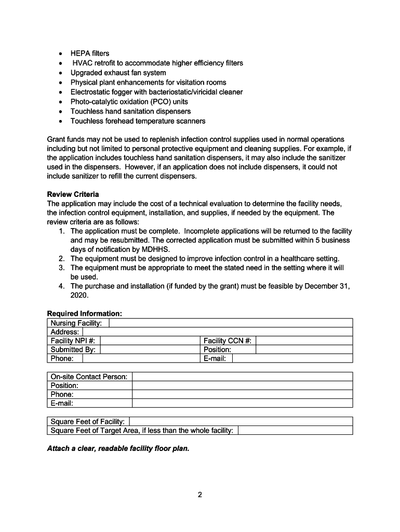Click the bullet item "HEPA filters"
pos(90,54)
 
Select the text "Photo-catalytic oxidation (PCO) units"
pos(129,102)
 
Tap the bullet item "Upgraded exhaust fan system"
pos(118,73)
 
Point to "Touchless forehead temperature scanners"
pos(138,121)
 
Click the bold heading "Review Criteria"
pos(73,194)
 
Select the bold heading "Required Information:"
pos(85,314)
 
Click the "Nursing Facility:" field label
pos(76,323)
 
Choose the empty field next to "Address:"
pos(217,332)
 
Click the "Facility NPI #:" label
pos(72,341)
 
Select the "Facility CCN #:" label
pos(228,341)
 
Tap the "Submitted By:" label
pos(73,350)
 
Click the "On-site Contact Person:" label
pos(89,377)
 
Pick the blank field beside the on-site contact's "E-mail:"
pos(242,403)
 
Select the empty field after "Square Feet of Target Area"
pos(295,430)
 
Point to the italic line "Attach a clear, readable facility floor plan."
pos(118,448)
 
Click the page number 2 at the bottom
pos(199,495)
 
